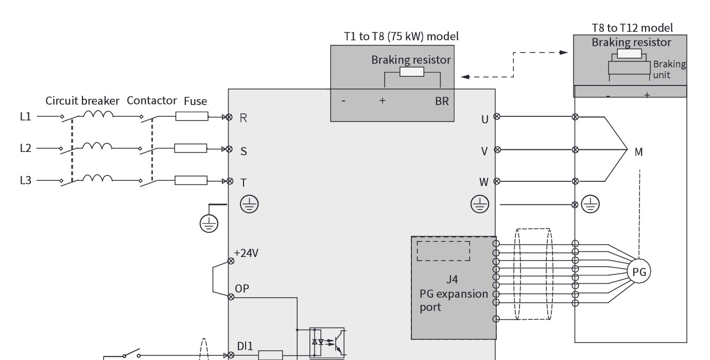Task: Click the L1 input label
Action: click(x=25, y=116)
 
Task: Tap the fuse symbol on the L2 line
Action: click(x=191, y=148)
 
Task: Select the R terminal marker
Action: click(x=229, y=117)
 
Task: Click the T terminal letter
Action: click(x=243, y=183)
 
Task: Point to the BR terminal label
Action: click(x=442, y=101)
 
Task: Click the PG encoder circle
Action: click(x=639, y=271)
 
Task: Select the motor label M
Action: click(x=638, y=152)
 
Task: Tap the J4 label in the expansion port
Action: click(x=452, y=280)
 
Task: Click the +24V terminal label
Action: click(x=246, y=253)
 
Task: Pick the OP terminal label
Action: click(x=242, y=288)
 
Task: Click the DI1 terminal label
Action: click(x=245, y=346)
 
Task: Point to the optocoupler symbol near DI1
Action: click(x=327, y=343)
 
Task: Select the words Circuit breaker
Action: click(x=82, y=101)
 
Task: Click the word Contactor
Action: click(x=152, y=100)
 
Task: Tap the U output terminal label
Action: click(x=484, y=119)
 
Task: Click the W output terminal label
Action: click(x=483, y=182)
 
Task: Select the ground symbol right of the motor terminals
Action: click(x=590, y=204)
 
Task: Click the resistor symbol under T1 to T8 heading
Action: click(x=412, y=72)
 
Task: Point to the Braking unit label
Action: click(x=669, y=70)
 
